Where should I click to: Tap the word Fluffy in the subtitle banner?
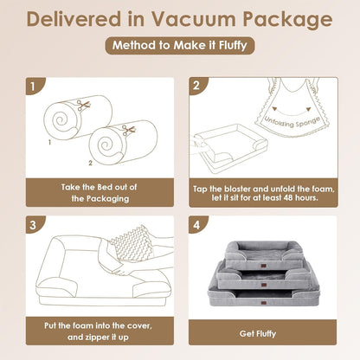pyautogui.click(x=228, y=47)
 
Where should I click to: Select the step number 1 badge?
pyautogui.click(x=33, y=87)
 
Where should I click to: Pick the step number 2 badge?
pyautogui.click(x=197, y=87)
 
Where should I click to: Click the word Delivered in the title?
pyautogui.click(x=72, y=18)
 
